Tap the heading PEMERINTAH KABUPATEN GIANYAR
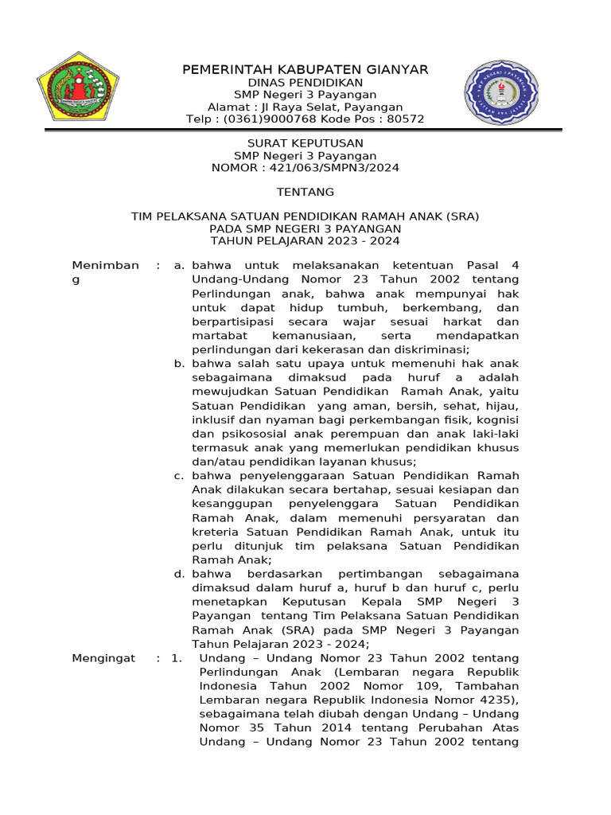click(305, 69)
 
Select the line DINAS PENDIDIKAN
click(305, 83)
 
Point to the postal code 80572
click(405, 119)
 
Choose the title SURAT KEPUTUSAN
click(305, 143)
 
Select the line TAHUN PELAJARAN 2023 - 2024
click(305, 240)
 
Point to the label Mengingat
click(103, 658)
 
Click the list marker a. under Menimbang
click(179, 265)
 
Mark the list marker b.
click(179, 364)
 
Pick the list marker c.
click(179, 475)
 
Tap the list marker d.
click(179, 574)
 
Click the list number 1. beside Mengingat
click(177, 658)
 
